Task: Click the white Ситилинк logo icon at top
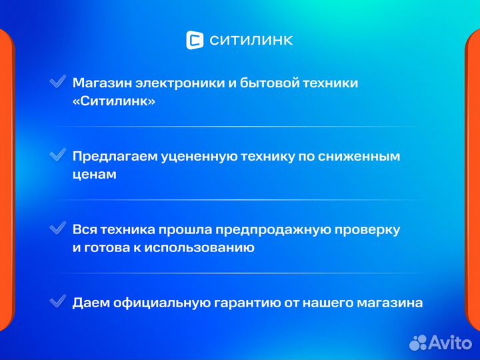[195, 40]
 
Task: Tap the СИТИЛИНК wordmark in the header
[251, 41]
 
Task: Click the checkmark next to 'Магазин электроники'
[57, 82]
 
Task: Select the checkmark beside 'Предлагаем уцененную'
[57, 155]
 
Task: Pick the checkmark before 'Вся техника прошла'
[57, 228]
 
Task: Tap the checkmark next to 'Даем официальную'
[57, 301]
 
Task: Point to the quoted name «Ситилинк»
[114, 102]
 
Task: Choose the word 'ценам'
[95, 175]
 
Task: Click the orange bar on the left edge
[6, 180]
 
